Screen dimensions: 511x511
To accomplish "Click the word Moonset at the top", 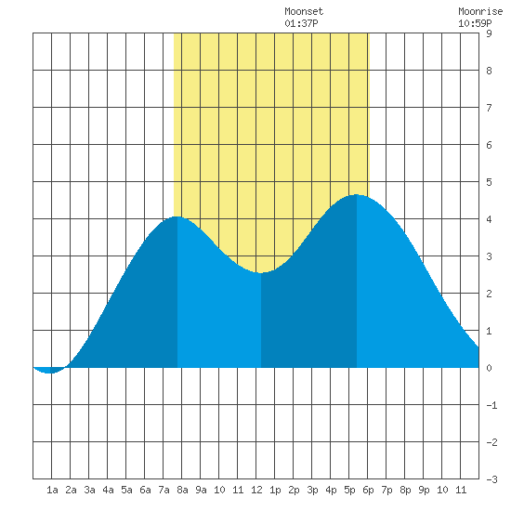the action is (x=304, y=11).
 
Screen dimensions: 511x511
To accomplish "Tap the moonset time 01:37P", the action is (x=301, y=23).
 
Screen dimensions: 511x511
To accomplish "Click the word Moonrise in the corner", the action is (x=480, y=11).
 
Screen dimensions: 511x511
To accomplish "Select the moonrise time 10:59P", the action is (x=475, y=23).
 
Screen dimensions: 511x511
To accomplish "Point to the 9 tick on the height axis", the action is (x=489, y=33).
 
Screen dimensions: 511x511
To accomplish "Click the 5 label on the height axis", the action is (x=489, y=182).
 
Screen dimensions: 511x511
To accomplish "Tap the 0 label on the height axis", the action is (x=489, y=368).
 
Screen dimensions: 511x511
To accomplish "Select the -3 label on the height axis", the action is (x=491, y=479).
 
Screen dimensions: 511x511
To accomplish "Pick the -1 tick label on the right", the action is (x=491, y=405).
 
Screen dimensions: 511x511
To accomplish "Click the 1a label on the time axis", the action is (x=52, y=490).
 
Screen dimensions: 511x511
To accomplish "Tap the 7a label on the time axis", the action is (x=164, y=490).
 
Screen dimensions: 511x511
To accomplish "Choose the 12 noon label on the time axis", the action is (x=256, y=490).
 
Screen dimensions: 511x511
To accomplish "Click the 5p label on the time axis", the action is (x=349, y=490).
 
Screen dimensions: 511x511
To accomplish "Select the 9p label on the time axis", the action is (x=424, y=490).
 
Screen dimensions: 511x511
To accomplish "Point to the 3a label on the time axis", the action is (x=89, y=490).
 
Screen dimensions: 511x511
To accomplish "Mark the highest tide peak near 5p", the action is (x=356, y=195).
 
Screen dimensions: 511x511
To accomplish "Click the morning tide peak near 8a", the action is (x=177, y=216).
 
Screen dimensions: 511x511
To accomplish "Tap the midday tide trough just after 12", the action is (x=261, y=273).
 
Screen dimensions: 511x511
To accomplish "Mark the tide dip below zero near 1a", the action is (x=49, y=373).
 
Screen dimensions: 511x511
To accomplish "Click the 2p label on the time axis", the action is (x=294, y=490).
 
